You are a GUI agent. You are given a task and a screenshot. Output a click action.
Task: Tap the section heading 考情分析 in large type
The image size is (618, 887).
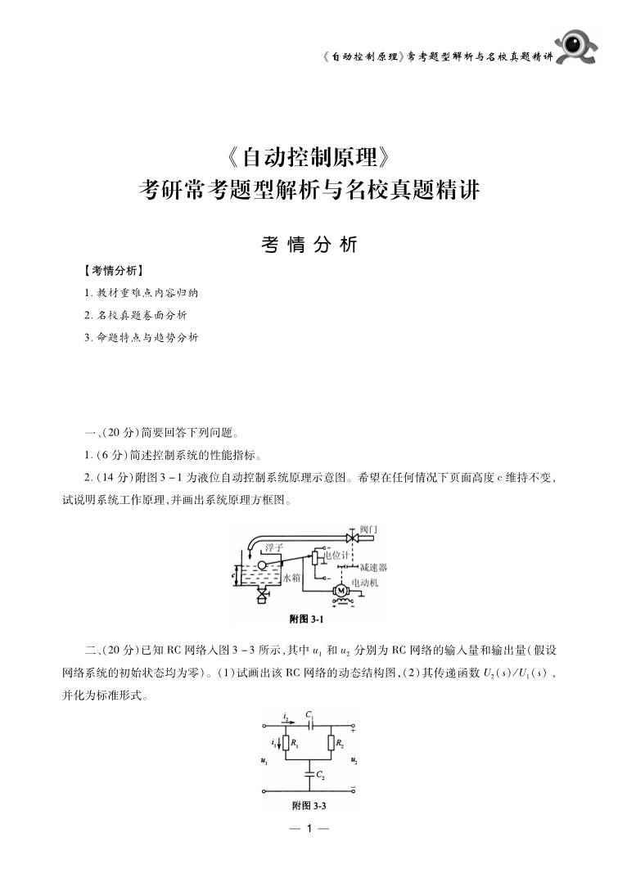click(x=309, y=245)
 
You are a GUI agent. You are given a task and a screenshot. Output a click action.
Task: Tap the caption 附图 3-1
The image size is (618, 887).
click(x=308, y=619)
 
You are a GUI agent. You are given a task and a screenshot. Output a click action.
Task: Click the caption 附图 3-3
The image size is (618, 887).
click(x=309, y=806)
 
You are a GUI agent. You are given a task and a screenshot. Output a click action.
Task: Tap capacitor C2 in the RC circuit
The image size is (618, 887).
click(x=309, y=775)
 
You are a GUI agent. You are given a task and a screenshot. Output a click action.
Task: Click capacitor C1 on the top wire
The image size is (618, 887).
click(x=309, y=725)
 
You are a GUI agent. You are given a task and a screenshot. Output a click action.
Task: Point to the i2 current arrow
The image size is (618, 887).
click(x=285, y=721)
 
